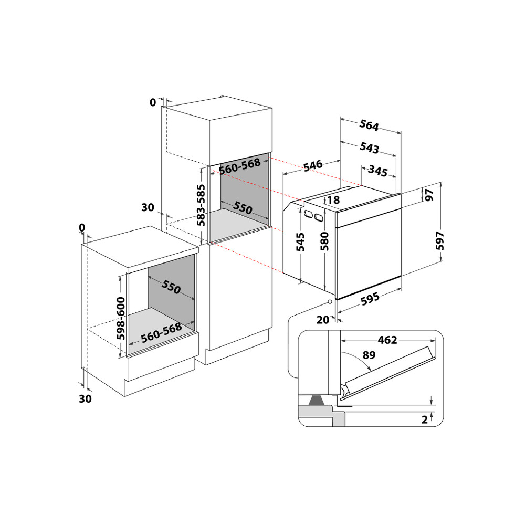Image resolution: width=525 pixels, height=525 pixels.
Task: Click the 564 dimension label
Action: (369, 125)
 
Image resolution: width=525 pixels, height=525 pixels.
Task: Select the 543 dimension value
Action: (370, 148)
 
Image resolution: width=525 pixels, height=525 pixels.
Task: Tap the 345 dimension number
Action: (377, 171)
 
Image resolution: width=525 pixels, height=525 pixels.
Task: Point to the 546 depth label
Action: (312, 166)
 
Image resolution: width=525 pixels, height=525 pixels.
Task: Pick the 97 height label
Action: (429, 195)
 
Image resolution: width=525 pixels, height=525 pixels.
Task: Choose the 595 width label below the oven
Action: (370, 300)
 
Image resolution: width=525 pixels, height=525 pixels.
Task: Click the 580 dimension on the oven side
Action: (325, 242)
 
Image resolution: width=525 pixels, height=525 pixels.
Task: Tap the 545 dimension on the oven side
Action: (301, 242)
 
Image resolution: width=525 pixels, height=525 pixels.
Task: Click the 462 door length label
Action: (387, 340)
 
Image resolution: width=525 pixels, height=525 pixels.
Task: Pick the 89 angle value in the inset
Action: (369, 355)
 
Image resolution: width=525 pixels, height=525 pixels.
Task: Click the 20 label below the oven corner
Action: (322, 319)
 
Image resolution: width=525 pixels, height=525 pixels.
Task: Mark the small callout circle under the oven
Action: (329, 302)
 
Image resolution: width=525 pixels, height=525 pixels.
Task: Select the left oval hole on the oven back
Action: (307, 213)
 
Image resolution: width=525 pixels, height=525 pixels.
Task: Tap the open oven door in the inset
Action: (388, 371)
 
